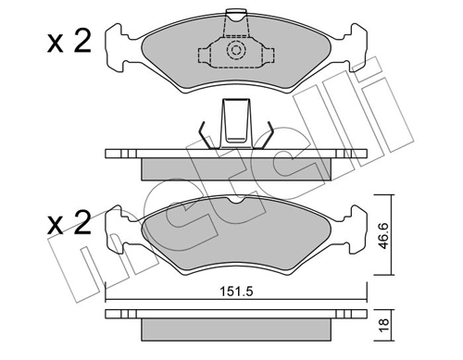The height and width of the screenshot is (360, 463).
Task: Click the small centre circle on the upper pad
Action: [x=235, y=51]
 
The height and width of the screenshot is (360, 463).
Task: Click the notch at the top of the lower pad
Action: [x=235, y=201]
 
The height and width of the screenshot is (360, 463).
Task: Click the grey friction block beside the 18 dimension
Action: [x=235, y=329]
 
